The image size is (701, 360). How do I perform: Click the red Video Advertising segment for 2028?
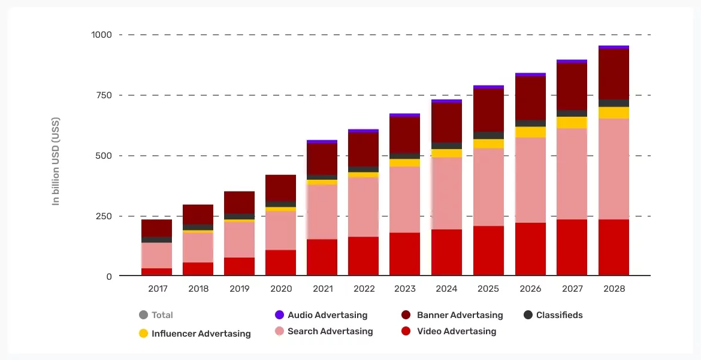[614, 247]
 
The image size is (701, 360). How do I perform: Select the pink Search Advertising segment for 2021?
[322, 212]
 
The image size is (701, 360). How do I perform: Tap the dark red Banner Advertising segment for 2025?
[488, 110]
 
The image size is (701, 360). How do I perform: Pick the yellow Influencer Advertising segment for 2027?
[572, 122]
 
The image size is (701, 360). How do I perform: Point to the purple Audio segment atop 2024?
[446, 101]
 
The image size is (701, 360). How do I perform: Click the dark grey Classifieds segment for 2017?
[156, 240]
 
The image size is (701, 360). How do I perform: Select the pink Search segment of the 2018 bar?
[198, 247]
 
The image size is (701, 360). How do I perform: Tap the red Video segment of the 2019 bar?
[239, 267]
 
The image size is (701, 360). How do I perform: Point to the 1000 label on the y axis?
[101, 35]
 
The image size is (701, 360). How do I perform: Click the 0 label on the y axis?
[108, 276]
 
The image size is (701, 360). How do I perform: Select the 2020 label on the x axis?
[280, 289]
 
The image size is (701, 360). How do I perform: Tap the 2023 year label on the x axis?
[405, 289]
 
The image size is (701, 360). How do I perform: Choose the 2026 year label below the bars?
[530, 289]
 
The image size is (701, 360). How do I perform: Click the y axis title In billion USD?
[56, 162]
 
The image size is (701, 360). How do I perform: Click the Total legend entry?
[162, 315]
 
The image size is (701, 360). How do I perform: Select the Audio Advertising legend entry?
[327, 315]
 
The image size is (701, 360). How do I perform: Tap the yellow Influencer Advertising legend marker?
[143, 333]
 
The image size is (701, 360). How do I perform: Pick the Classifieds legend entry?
[559, 315]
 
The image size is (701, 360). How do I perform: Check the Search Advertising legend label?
[330, 331]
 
